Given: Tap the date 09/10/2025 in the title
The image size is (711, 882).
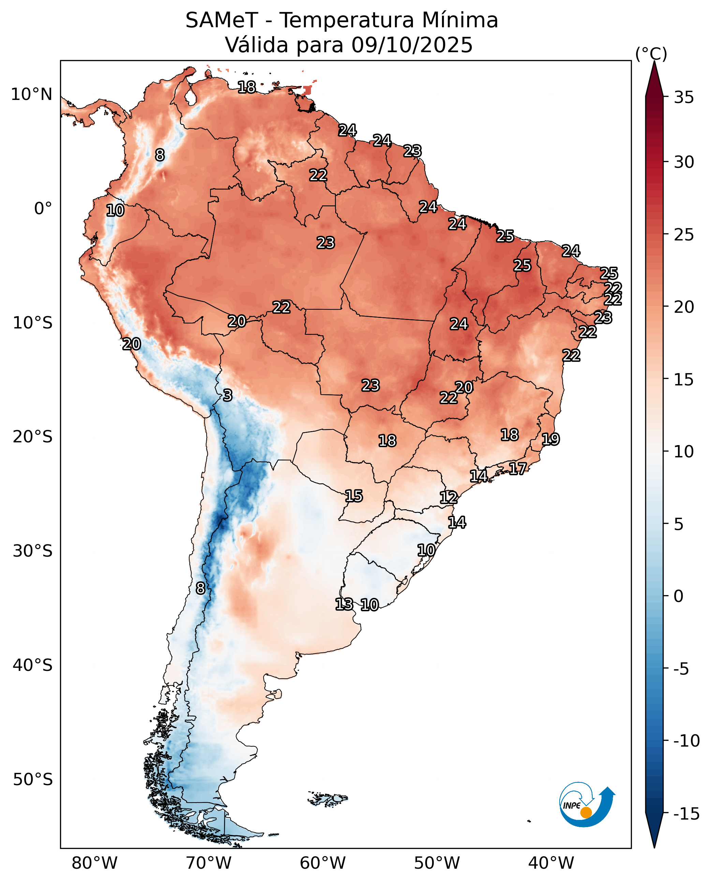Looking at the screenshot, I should (412, 45).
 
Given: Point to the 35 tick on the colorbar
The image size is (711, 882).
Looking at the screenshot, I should (684, 98).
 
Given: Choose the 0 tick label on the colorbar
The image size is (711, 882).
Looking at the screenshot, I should (679, 597).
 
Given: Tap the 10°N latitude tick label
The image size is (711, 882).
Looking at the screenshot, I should (31, 94).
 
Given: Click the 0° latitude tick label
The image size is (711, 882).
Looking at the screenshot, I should (43, 209).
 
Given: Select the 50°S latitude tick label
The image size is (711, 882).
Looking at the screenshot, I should (33, 780).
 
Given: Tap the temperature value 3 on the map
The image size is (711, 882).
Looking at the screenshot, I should (228, 395).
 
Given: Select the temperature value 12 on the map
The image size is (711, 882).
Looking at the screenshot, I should (448, 497).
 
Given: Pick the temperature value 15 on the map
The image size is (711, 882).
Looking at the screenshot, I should (353, 496).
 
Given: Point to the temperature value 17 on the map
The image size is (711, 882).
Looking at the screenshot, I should (518, 468).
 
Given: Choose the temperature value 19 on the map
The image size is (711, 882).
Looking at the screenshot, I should (550, 439).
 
